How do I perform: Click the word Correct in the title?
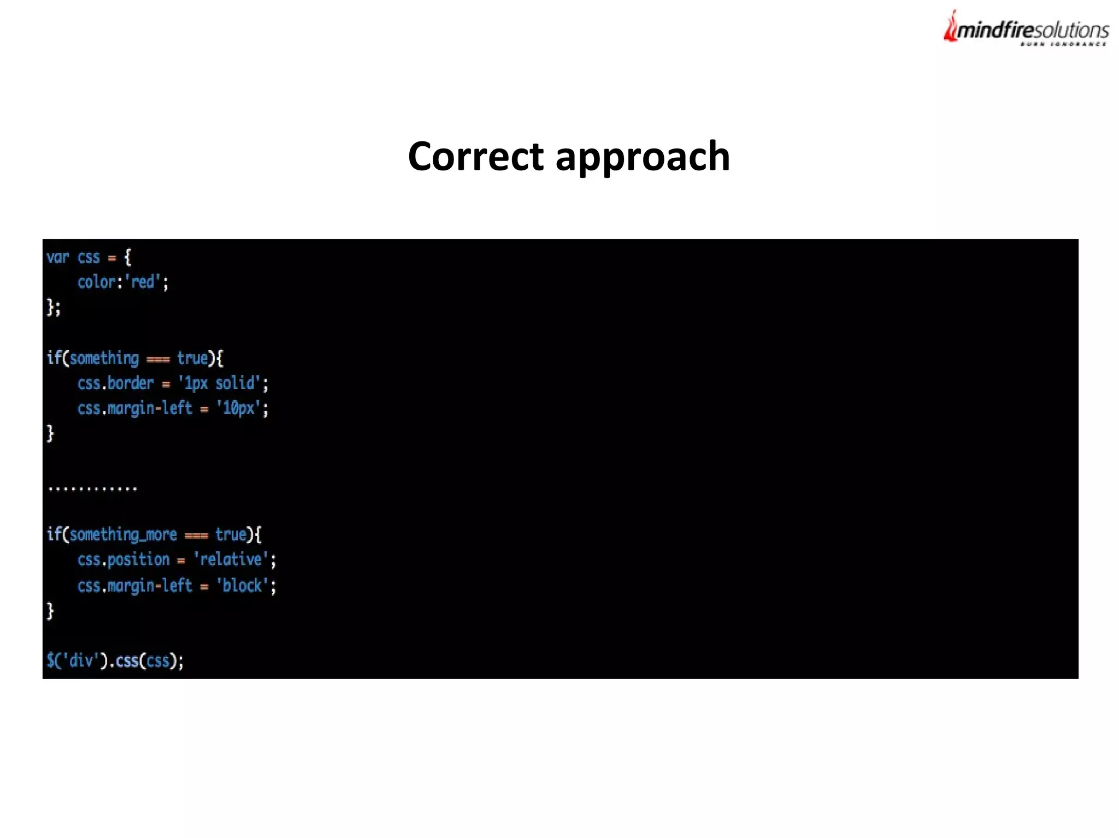coord(475,157)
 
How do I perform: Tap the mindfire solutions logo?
coord(1026,29)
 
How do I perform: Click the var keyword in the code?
coord(57,257)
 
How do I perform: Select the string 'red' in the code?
coord(143,282)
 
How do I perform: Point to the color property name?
coord(96,282)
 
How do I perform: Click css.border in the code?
coord(115,383)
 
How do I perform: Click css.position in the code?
coord(123,560)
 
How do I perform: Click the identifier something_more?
coord(123,534)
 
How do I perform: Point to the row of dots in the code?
coord(92,488)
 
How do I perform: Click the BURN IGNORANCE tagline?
coord(1063,44)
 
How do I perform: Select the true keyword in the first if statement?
coord(192,358)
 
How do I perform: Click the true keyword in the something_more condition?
coord(231,534)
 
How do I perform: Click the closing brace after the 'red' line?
coord(50,307)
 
